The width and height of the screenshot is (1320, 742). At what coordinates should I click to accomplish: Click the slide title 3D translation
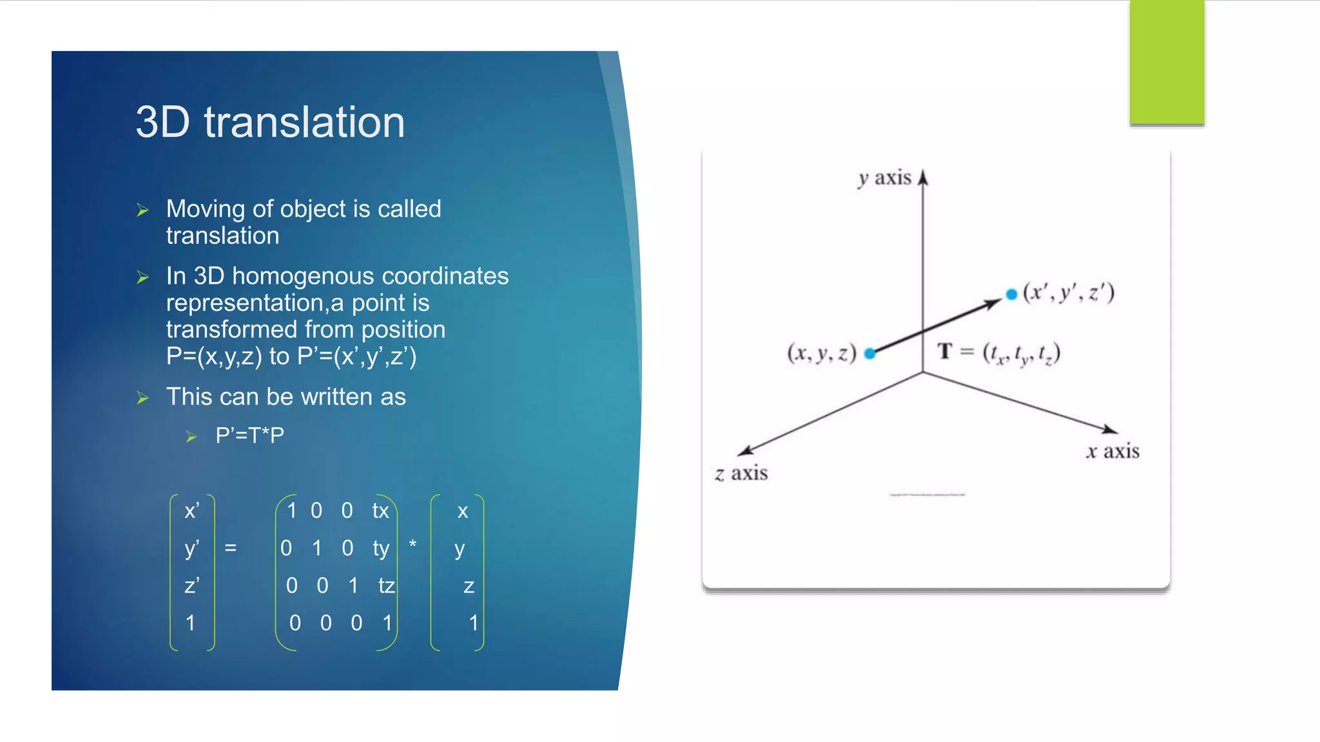(270, 122)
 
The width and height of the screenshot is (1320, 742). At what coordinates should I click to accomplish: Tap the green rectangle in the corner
(1167, 62)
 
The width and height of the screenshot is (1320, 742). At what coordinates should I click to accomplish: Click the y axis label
(884, 178)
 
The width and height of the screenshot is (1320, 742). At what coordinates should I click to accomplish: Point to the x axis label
(1112, 452)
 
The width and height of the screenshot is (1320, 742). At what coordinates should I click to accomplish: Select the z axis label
(741, 473)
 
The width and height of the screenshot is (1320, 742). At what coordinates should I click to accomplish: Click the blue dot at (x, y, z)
(869, 354)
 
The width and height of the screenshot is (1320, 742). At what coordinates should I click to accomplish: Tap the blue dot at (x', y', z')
(1011, 294)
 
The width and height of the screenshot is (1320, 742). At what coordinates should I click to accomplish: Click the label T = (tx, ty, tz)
(998, 353)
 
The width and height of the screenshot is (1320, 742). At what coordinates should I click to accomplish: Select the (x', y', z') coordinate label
(1069, 292)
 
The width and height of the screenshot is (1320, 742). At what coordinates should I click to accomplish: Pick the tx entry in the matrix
(380, 511)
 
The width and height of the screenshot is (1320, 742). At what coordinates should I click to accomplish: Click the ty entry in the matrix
(381, 548)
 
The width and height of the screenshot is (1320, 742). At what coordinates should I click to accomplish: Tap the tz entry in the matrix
(386, 585)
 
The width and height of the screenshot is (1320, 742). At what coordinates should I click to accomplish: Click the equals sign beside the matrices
(230, 548)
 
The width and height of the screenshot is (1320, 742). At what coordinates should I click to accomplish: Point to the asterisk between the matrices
(412, 545)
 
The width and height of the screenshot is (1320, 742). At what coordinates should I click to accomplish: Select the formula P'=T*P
(249, 435)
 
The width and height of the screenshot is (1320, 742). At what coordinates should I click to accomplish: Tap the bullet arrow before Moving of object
(143, 211)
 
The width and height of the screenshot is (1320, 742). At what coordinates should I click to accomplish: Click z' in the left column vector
(191, 585)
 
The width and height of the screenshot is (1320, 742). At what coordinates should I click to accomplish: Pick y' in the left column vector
(191, 548)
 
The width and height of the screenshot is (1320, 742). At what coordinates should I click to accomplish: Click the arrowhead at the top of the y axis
(923, 177)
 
